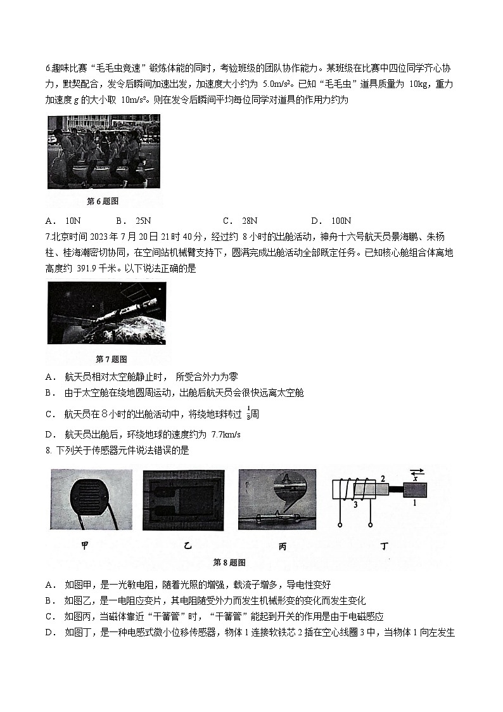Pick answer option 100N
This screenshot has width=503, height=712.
[340, 221]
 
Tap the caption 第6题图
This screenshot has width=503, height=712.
[103, 201]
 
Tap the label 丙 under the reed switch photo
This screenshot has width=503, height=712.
[282, 546]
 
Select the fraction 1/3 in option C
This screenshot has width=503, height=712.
[248, 414]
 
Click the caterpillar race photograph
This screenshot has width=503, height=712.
[104, 152]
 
